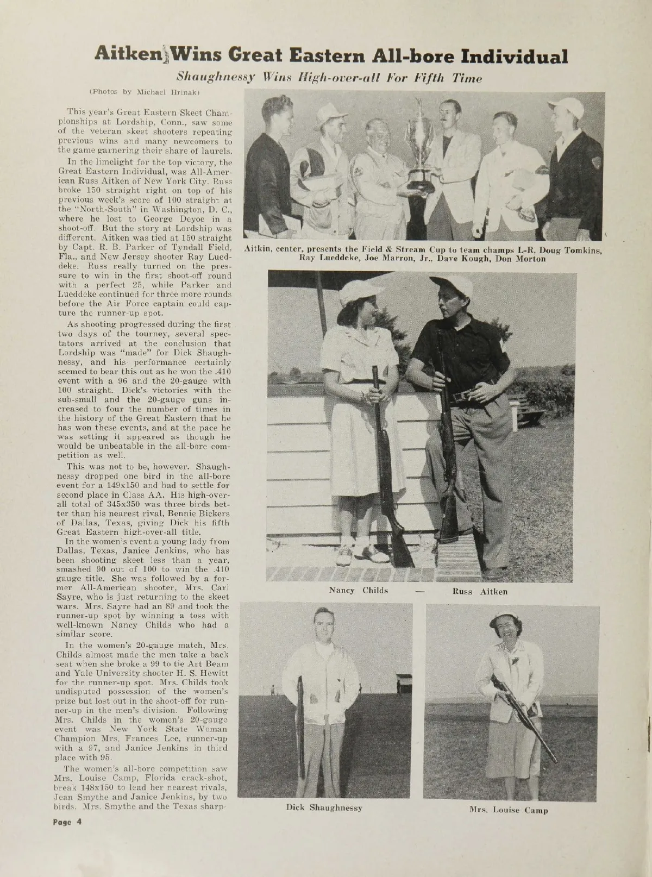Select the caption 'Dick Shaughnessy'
pyautogui.click(x=324, y=807)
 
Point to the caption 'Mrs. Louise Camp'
pyautogui.click(x=509, y=810)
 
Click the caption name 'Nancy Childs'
pyautogui.click(x=359, y=591)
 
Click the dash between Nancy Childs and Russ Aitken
pyautogui.click(x=419, y=591)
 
